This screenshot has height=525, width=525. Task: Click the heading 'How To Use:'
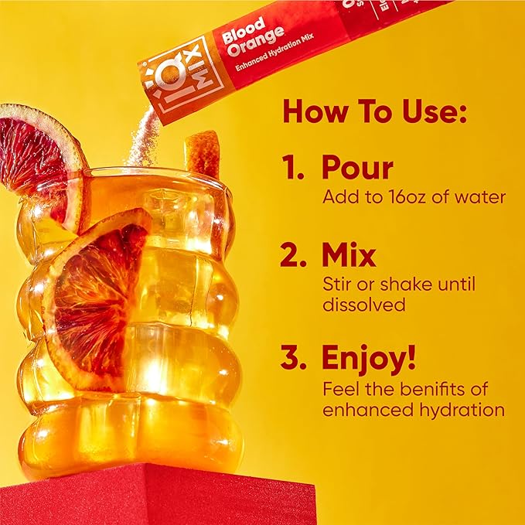(375, 112)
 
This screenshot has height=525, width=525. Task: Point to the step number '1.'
(295, 169)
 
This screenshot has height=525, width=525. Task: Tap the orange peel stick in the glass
(203, 155)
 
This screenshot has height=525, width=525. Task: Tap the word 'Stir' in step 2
(335, 285)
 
